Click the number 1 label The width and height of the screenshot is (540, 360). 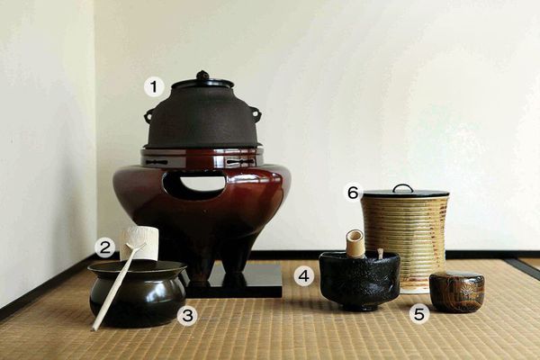click(154, 86)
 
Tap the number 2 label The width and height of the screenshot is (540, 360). click(104, 247)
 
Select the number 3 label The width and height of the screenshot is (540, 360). click(187, 315)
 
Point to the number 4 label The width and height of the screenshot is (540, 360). click(304, 275)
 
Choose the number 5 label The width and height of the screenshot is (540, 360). click(419, 313)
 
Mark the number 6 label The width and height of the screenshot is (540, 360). click(354, 193)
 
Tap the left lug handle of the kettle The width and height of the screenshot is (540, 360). click(149, 114)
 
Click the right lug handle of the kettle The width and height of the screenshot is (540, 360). click(257, 112)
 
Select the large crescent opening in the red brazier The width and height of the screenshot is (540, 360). click(193, 185)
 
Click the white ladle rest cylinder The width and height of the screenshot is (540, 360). click(139, 244)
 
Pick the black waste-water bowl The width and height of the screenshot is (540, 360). click(137, 292)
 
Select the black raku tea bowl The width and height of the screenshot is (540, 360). click(359, 280)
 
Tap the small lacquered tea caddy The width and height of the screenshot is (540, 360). click(456, 292)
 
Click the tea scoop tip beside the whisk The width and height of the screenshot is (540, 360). click(380, 253)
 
